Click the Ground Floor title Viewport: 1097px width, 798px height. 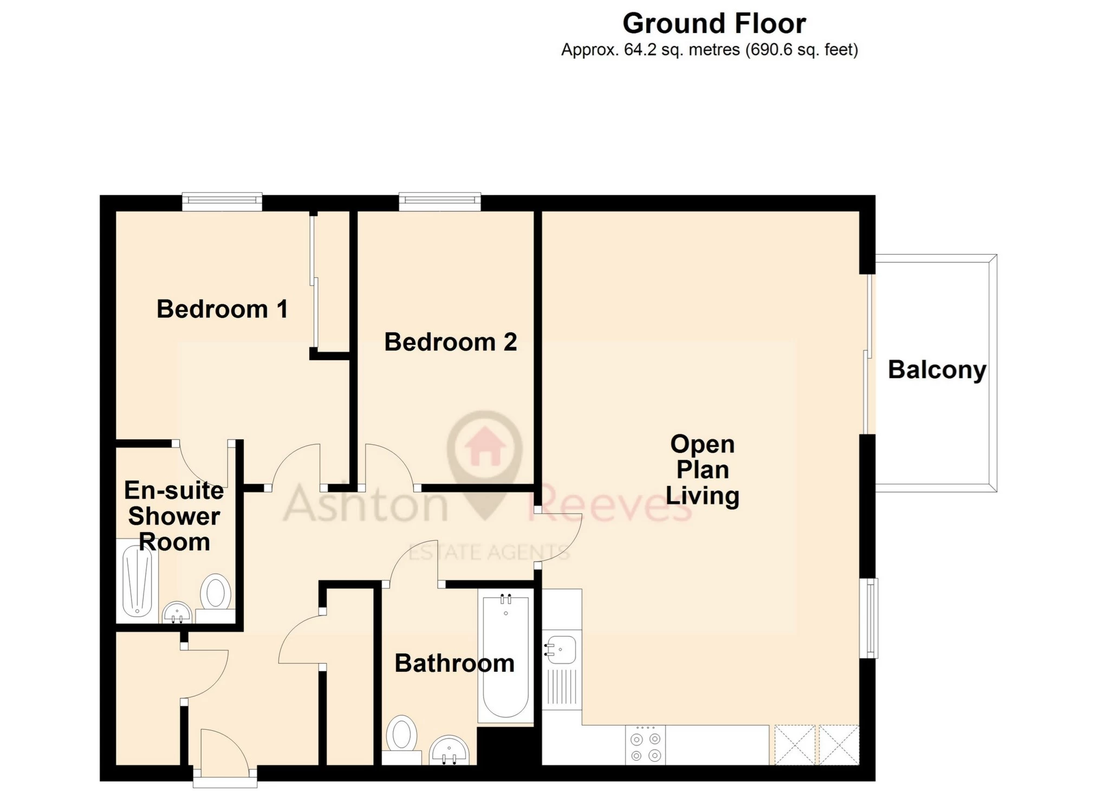pos(714,24)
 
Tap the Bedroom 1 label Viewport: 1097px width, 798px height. pos(222,309)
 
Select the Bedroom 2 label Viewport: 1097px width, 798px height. pos(451,342)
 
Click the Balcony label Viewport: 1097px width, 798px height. pos(937,371)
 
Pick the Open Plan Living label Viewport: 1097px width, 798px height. pos(703,470)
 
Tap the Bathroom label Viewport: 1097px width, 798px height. pos(455,663)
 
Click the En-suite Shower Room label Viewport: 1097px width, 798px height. pos(174,516)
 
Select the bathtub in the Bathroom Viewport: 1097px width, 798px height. pos(505,656)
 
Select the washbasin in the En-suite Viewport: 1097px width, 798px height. pos(177,612)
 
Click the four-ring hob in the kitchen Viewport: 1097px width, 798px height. pos(646,745)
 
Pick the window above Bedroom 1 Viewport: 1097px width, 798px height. pos(222,202)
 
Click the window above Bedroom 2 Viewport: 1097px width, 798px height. pos(440,202)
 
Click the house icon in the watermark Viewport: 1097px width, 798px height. pos(485,446)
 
